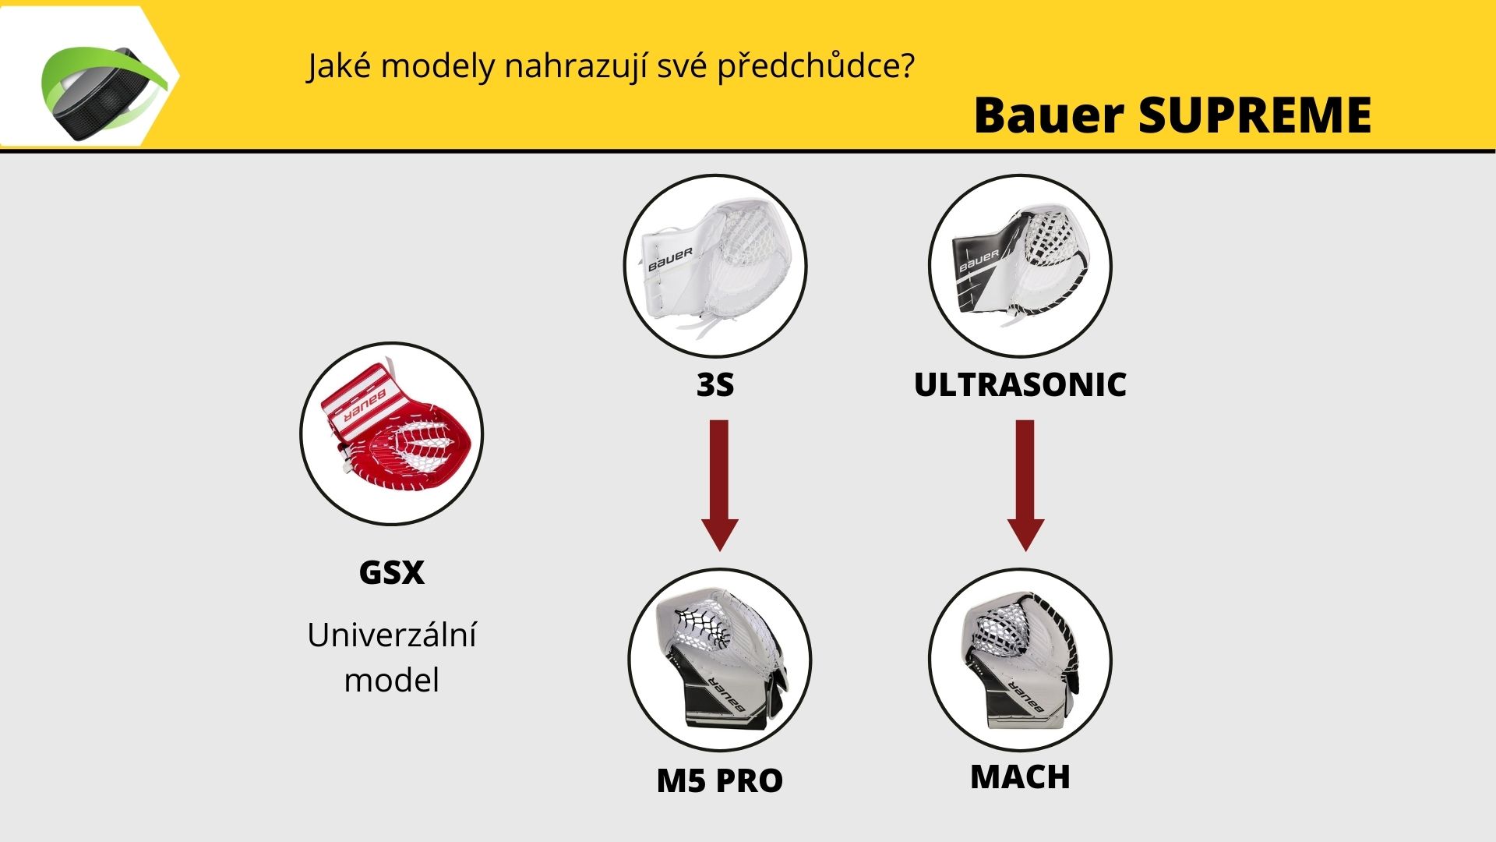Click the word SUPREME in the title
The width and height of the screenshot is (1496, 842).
[x=1254, y=115]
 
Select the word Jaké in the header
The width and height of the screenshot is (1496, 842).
[x=339, y=67]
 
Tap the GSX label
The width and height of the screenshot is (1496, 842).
[x=392, y=572]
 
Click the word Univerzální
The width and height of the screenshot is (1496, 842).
[x=392, y=635]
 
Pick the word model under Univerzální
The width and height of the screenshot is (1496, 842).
[x=392, y=680]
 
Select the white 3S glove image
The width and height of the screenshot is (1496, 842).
[x=715, y=266]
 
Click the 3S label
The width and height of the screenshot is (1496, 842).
[x=715, y=384]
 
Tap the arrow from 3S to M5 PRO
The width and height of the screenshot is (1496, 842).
[x=719, y=486]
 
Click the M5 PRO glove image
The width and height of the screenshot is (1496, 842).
[x=719, y=660]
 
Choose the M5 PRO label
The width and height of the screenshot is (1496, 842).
[x=719, y=780]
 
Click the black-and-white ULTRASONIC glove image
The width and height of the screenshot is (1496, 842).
[x=1020, y=266]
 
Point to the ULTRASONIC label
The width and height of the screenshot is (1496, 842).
[x=1020, y=384]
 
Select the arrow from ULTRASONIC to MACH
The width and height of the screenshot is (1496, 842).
[x=1025, y=486]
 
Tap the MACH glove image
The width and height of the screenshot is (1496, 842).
[x=1020, y=660]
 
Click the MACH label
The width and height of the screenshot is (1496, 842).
[x=1020, y=777]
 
